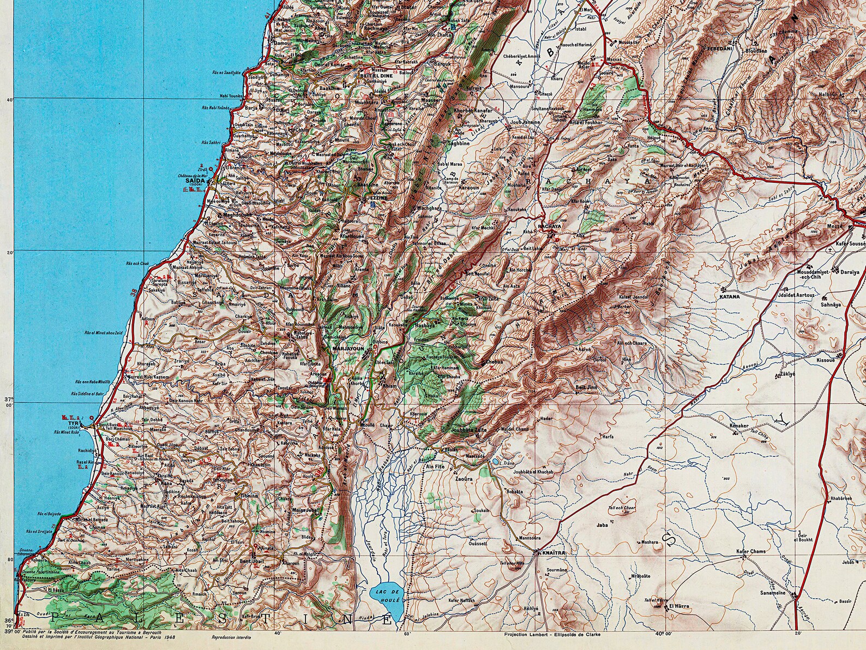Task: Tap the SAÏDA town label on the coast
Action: click(x=195, y=180)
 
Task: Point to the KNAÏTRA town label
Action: click(x=552, y=553)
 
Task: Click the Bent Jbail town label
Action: click(x=252, y=562)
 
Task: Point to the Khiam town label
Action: click(x=390, y=385)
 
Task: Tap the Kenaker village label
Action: click(x=739, y=425)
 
